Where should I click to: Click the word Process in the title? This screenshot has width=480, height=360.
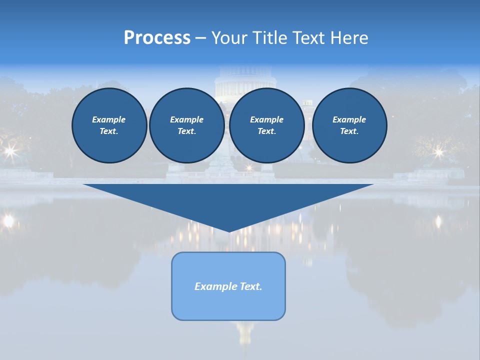point(157,38)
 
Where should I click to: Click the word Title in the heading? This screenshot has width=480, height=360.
point(269,38)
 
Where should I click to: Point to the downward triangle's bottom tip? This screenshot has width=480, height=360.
point(229,231)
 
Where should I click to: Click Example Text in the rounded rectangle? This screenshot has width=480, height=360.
point(228,286)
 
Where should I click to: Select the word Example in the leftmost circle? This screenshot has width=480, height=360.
point(109,119)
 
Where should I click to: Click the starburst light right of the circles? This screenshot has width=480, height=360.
point(438,151)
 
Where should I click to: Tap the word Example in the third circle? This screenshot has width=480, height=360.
point(267,119)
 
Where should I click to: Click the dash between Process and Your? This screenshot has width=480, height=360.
point(200,38)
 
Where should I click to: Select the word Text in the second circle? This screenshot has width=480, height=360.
point(186,131)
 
